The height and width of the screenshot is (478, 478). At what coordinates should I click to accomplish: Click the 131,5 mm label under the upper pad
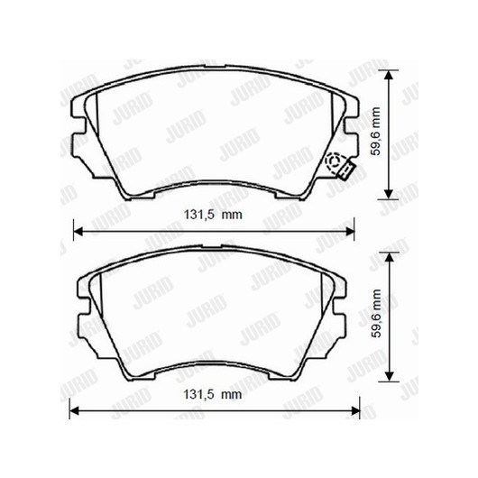point(213,215)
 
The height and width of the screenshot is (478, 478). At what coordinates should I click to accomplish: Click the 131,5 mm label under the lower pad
point(213,394)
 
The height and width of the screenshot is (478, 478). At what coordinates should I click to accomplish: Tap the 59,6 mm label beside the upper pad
point(376,132)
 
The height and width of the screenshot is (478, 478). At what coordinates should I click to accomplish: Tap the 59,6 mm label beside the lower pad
point(376,313)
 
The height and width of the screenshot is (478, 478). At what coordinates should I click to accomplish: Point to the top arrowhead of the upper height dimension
point(388,75)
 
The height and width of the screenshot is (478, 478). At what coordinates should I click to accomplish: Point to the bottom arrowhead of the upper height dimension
point(388,194)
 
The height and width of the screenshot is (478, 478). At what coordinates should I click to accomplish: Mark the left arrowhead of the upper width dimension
point(78,232)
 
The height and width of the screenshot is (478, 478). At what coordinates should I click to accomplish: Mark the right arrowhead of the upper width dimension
point(349,232)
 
